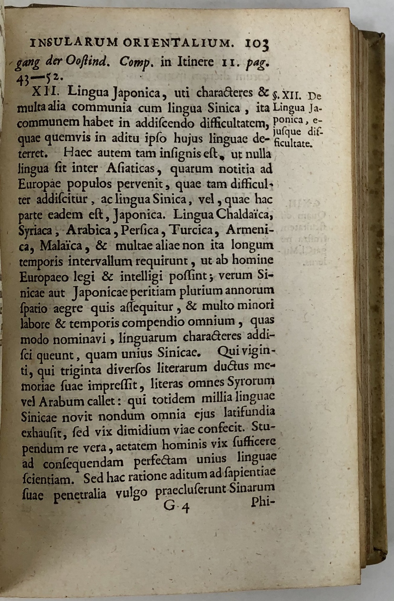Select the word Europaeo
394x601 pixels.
[x=45, y=277]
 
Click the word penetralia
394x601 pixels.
[x=80, y=494]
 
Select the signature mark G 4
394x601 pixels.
[x=177, y=506]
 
